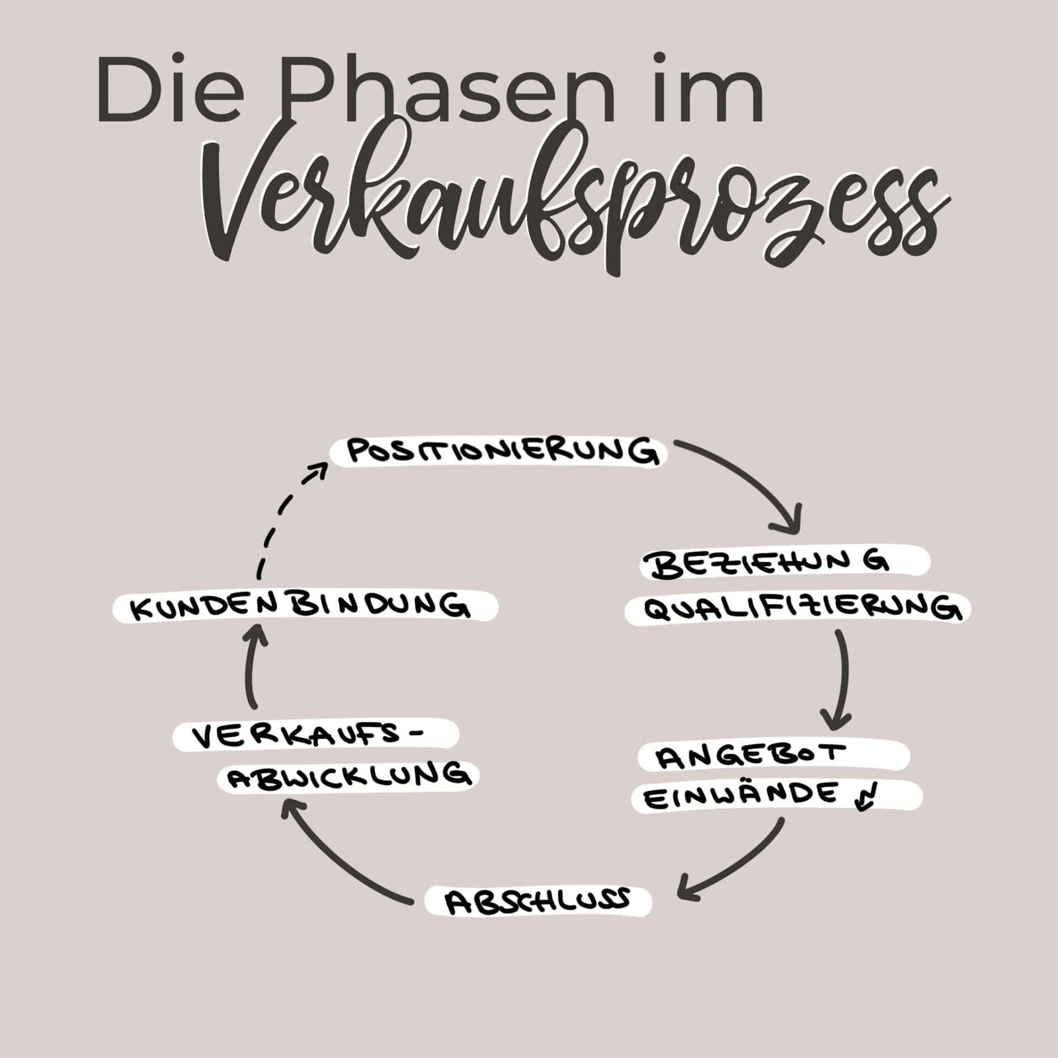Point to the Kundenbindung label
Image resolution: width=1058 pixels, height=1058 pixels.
point(301,607)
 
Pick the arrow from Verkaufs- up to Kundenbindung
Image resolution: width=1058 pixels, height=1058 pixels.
point(253,668)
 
